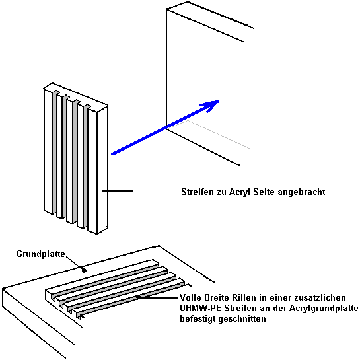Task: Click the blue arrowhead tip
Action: coord(219,100)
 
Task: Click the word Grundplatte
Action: coord(40,254)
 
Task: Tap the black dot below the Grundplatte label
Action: coord(85,270)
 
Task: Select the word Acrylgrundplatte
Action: coord(324,309)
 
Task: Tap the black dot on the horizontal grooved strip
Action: coord(139,297)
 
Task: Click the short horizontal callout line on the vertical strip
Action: coord(118,191)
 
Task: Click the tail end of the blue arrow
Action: coord(112,154)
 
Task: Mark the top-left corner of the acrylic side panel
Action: coord(166,9)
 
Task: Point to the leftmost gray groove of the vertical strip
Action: coord(54,152)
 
